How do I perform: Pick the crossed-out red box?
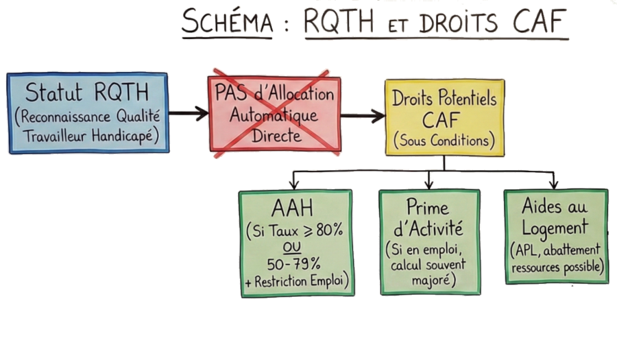[273, 112]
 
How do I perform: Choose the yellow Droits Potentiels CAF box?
[444, 117]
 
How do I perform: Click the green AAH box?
[296, 243]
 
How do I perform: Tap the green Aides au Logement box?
[555, 235]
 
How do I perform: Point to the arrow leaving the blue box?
[187, 113]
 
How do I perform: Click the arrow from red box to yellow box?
[362, 115]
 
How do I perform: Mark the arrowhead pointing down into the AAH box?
[294, 184]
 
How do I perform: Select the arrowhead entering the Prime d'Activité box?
[428, 184]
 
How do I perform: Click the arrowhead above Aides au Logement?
[553, 183]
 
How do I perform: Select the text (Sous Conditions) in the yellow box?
[444, 141]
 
